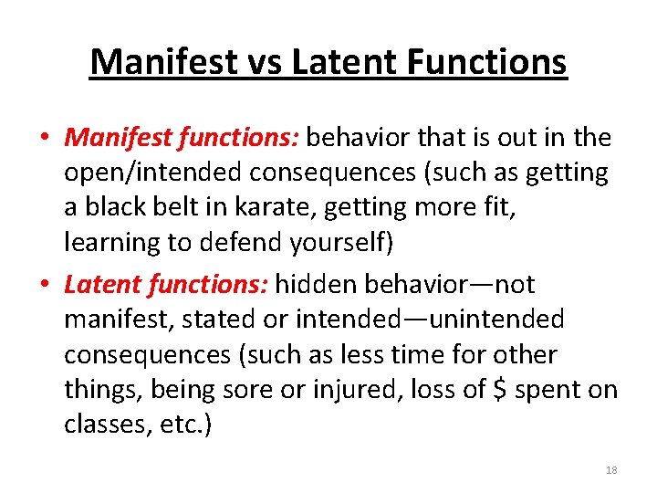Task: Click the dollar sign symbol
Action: (499, 390)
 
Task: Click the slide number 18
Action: (611, 470)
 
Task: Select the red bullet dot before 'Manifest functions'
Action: (45, 138)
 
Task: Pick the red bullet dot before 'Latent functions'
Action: (45, 286)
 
